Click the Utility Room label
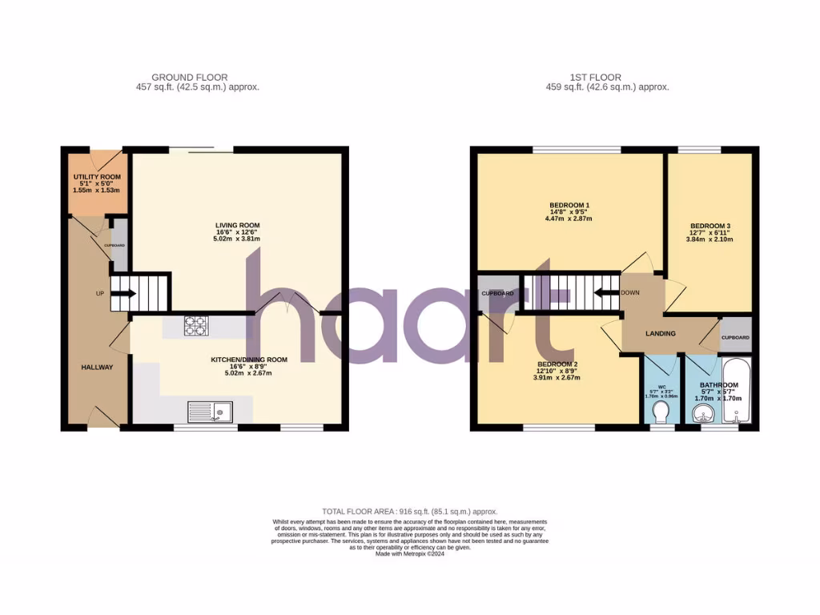(x=97, y=176)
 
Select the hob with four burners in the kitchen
(x=196, y=326)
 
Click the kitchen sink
(x=209, y=412)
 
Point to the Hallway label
(x=96, y=367)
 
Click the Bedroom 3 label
(x=709, y=226)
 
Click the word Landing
(x=661, y=333)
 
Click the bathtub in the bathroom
(x=735, y=392)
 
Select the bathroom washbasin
(x=702, y=414)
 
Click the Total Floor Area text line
(x=409, y=511)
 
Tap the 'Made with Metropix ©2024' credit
(x=409, y=553)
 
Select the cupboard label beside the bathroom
(x=735, y=338)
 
